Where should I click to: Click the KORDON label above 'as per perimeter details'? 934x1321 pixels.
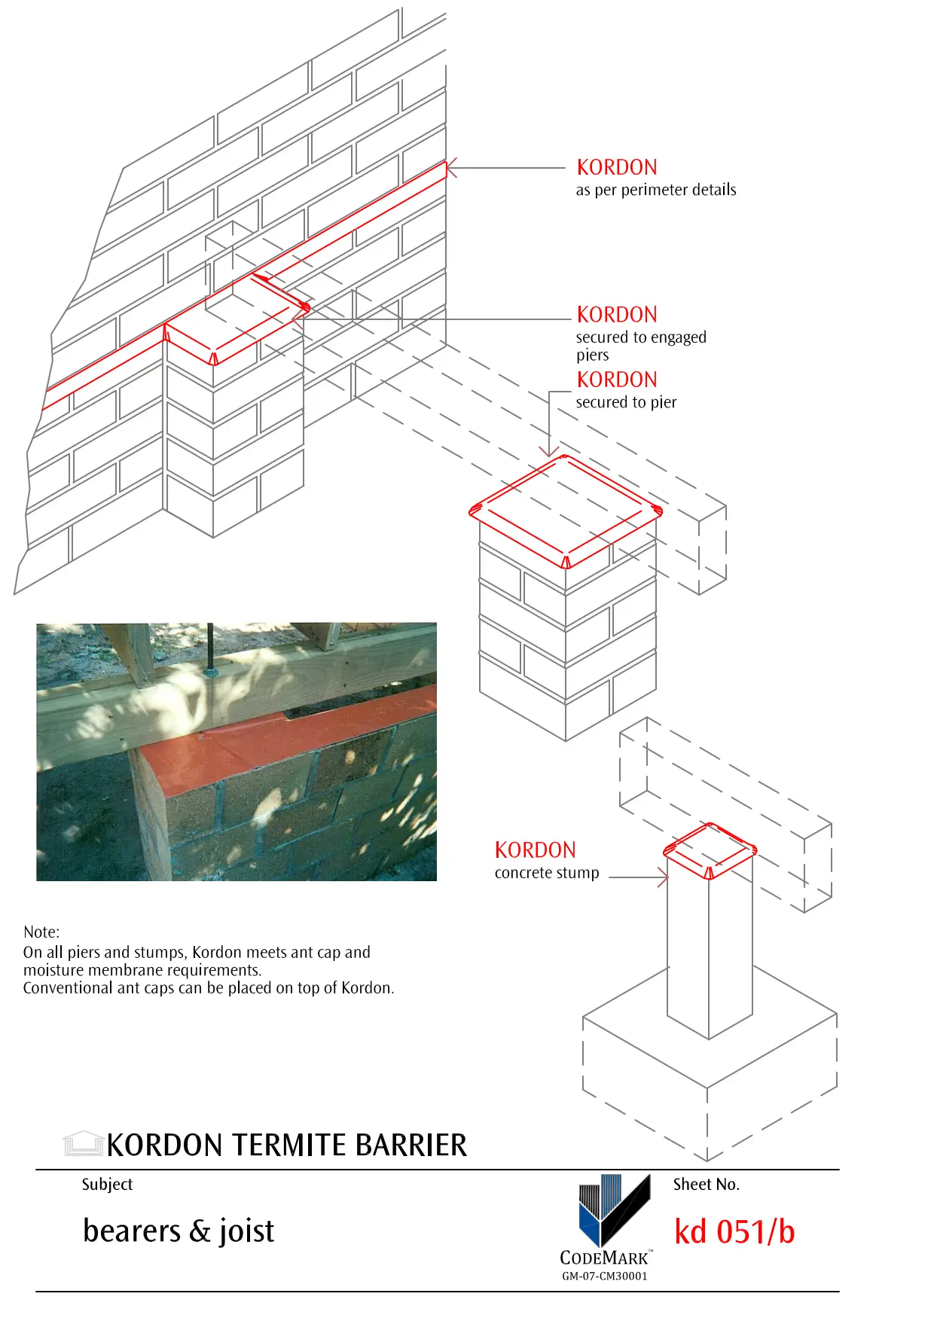616,167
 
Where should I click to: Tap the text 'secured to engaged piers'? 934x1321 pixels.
640,346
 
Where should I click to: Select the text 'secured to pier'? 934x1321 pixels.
626,402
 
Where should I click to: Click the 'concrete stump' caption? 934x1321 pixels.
547,873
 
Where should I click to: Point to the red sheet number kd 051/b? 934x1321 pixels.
734,1232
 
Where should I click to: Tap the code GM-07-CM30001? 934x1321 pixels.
604,1276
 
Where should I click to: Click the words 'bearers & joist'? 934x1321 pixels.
179,1231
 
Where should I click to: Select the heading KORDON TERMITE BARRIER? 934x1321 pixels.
286,1145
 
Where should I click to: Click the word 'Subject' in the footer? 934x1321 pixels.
107,1184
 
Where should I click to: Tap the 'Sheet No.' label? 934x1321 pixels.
706,1184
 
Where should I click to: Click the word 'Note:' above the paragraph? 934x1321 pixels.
41,932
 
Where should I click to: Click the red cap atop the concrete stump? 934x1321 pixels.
710,850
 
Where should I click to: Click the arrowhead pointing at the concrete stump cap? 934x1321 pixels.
663,877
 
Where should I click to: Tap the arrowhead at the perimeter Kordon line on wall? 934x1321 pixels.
450,169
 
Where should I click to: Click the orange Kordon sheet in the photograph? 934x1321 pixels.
316,738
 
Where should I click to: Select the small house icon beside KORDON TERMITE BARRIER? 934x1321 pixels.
83,1143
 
